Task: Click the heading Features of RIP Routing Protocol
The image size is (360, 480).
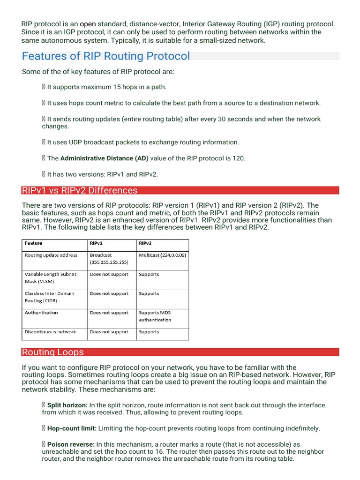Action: point(106,56)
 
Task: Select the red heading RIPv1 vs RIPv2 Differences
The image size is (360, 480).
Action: point(80,190)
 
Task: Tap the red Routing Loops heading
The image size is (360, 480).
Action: point(53,352)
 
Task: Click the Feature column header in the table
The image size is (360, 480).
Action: point(34,243)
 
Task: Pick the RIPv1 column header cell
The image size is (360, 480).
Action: point(96,243)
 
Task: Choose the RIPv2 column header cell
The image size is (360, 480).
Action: point(145,243)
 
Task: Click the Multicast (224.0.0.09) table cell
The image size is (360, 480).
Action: point(162,255)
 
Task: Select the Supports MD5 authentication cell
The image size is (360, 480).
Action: point(155,316)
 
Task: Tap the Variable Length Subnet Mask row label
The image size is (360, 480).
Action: point(50,278)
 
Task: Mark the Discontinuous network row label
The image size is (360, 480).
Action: point(50,332)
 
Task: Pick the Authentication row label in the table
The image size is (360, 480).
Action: point(41,313)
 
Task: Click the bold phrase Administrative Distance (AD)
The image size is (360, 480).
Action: point(105,158)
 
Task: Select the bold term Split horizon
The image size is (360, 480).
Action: point(67,405)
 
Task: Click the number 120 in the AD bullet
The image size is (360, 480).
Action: point(238,158)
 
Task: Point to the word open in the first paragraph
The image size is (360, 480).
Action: point(88,24)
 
